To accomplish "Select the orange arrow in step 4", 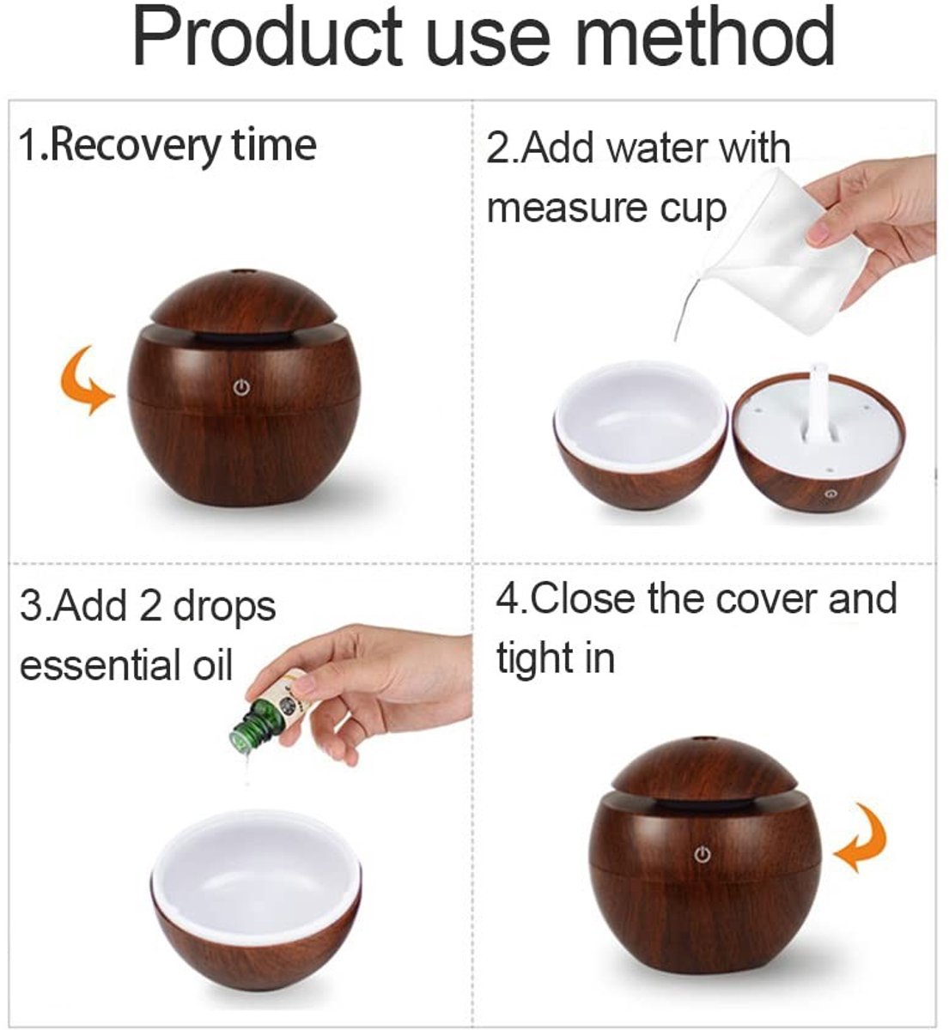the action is pos(861,838).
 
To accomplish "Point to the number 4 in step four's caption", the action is pos(507,599).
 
